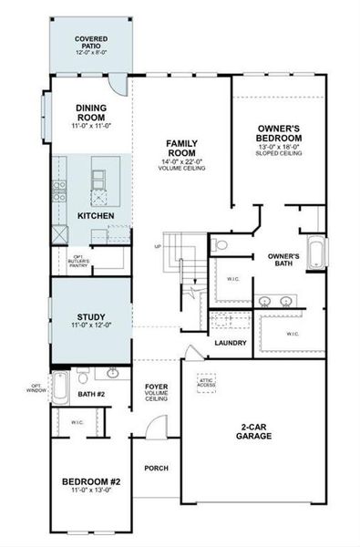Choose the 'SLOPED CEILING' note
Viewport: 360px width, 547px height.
pyautogui.click(x=279, y=153)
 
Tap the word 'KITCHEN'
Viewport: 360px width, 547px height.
pyautogui.click(x=96, y=216)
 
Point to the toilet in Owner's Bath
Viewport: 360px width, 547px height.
pyautogui.click(x=221, y=245)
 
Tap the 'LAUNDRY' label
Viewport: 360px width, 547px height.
pyautogui.click(x=231, y=343)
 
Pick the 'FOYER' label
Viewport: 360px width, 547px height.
pyautogui.click(x=157, y=390)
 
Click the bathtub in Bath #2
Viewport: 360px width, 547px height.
pyautogui.click(x=60, y=389)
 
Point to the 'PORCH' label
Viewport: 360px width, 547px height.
pyautogui.click(x=156, y=468)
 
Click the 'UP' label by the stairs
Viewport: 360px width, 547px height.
pyautogui.click(x=159, y=246)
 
